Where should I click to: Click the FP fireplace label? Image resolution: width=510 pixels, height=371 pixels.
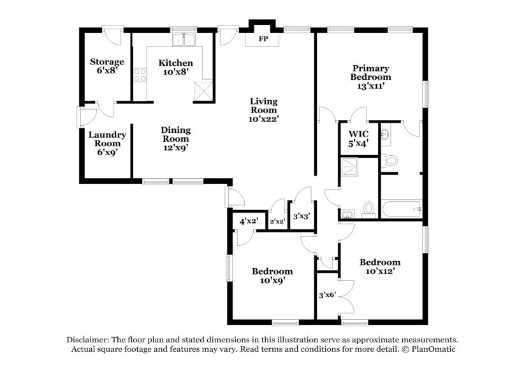click(x=262, y=40)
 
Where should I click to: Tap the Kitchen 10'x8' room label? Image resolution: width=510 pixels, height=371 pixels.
click(x=175, y=68)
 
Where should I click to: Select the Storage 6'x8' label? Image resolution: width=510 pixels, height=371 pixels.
click(x=106, y=66)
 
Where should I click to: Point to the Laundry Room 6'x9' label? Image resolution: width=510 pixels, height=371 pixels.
click(x=106, y=144)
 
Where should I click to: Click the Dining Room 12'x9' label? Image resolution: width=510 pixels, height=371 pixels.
click(x=175, y=139)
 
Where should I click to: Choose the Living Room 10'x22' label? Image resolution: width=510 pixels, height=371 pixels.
click(x=264, y=110)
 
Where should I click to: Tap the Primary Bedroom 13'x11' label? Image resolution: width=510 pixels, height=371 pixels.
click(x=370, y=77)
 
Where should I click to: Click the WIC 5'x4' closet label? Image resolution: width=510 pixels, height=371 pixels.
click(x=358, y=139)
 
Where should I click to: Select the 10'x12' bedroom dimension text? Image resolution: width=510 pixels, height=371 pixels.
click(x=380, y=271)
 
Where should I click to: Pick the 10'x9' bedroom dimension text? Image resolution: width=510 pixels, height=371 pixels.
click(x=272, y=280)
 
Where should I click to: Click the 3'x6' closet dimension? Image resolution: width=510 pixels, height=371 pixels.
click(x=328, y=295)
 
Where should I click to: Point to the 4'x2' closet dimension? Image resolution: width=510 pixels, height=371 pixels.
click(x=248, y=221)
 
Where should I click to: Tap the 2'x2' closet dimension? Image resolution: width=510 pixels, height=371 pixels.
click(x=277, y=222)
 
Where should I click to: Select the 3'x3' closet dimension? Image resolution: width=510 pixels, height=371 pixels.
click(x=301, y=216)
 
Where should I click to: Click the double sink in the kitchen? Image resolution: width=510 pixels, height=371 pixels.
click(x=186, y=41)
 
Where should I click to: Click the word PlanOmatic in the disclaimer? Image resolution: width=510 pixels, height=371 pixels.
click(x=432, y=350)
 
